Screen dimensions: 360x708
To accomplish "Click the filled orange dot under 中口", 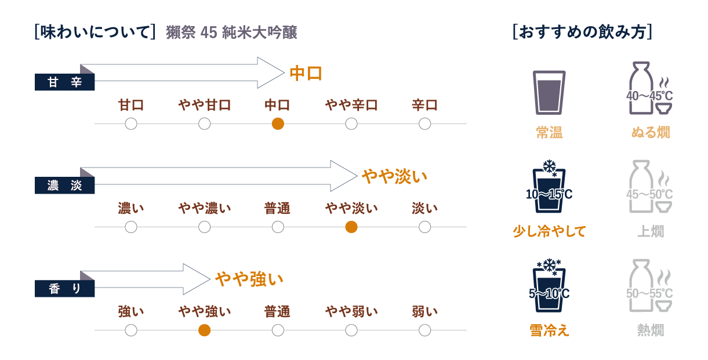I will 278,123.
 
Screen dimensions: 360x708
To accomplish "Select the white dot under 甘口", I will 131,123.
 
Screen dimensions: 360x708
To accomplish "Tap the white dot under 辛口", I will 424,123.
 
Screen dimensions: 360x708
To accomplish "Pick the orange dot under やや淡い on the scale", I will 351,227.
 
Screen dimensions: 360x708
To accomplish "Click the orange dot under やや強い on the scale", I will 204,330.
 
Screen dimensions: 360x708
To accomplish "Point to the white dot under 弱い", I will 424,330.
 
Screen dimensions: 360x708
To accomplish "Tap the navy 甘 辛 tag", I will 64,82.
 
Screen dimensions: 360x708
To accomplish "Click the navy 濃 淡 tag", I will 64,186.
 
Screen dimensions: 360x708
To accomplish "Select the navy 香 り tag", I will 64,288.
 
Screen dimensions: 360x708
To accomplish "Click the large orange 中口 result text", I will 305,74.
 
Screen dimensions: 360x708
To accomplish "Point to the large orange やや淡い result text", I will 394,176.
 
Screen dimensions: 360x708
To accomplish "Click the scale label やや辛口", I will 351,105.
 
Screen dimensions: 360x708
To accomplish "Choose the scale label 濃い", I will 131,208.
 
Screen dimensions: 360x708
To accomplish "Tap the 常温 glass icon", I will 549,92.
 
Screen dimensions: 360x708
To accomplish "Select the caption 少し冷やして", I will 549,231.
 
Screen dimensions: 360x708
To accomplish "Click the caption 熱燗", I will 650,330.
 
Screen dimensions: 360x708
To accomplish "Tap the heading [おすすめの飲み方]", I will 582,32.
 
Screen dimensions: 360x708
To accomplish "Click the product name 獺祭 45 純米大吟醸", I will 231,32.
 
